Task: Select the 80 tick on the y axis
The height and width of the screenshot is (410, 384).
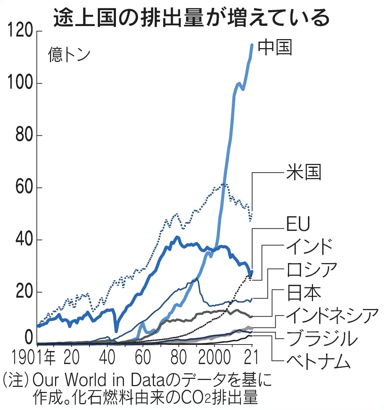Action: click(23, 136)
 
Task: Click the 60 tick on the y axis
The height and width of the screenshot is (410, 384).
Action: click(23, 188)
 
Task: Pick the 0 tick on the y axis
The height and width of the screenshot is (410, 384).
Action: click(28, 338)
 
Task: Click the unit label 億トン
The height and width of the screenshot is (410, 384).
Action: click(69, 55)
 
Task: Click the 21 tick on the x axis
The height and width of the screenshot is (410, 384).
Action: click(251, 357)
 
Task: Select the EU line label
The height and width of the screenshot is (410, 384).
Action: click(298, 225)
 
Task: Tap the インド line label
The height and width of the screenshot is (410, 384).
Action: click(309, 247)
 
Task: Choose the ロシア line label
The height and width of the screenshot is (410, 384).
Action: click(311, 270)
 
